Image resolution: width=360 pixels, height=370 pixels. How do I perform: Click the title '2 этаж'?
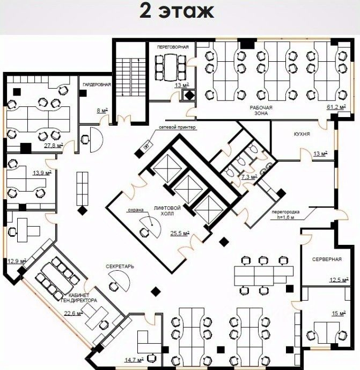[x=177, y=11]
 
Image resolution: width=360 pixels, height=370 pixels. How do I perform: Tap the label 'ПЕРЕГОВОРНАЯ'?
[x=173, y=47]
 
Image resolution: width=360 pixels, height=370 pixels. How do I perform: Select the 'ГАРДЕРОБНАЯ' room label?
[x=97, y=84]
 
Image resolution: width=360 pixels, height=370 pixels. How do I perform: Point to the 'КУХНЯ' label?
[x=302, y=134]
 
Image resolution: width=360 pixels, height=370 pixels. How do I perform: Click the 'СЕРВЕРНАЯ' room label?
[x=327, y=259]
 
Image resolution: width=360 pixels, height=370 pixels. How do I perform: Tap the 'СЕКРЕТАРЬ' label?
[x=120, y=266]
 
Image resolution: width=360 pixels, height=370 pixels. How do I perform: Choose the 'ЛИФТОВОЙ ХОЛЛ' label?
[x=167, y=211]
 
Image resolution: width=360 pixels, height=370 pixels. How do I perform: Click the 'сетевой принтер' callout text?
[x=177, y=127]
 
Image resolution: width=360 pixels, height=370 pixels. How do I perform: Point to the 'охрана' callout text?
[x=136, y=210]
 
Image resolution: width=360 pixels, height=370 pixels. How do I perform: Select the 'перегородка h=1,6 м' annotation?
[x=285, y=214]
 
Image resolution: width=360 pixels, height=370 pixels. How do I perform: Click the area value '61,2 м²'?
[x=336, y=107]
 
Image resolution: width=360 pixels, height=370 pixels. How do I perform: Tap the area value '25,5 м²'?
[x=180, y=234]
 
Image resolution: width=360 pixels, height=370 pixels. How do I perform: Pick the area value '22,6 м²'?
[x=74, y=313]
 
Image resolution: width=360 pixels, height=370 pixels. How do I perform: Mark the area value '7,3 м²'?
[x=249, y=176]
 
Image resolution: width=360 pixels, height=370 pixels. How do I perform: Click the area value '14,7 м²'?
[x=134, y=360]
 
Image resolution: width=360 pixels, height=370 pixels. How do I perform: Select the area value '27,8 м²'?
[x=54, y=146]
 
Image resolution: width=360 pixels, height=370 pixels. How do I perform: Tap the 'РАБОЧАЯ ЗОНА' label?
[x=261, y=111]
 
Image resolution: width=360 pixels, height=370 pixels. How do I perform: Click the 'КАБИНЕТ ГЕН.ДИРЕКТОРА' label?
[x=79, y=298]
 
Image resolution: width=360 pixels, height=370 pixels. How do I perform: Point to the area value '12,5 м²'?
[x=339, y=280]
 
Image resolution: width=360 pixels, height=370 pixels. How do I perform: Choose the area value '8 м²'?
[x=102, y=110]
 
